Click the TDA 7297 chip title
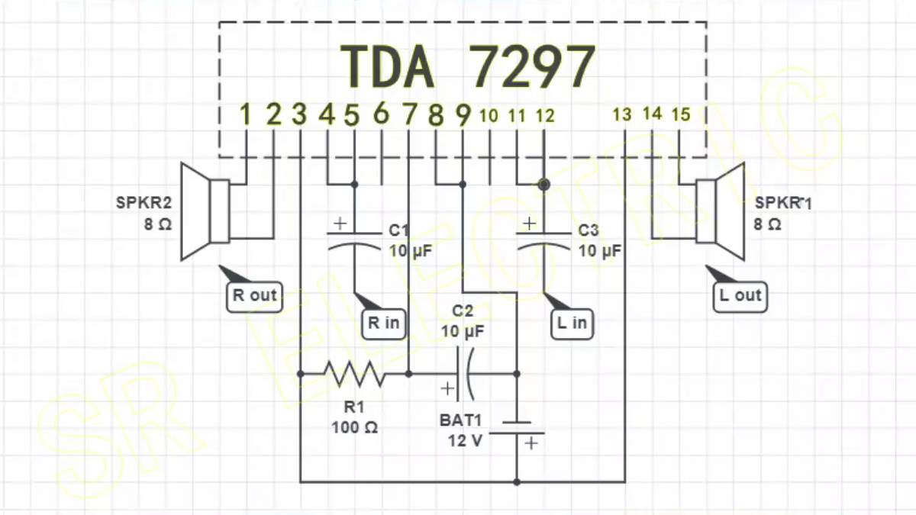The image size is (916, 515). click(466, 67)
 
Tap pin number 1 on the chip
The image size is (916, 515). click(245, 115)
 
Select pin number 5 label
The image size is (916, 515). click(352, 115)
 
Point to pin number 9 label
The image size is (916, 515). click(463, 115)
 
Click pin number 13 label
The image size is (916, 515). click(622, 115)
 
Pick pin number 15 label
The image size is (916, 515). click(680, 115)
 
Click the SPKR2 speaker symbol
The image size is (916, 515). click(205, 211)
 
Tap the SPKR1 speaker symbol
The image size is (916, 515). click(719, 211)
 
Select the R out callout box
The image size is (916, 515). click(254, 296)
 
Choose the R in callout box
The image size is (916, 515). click(384, 323)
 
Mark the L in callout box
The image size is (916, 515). click(572, 323)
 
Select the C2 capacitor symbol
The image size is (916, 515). click(465, 374)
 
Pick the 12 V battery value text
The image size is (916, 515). click(466, 440)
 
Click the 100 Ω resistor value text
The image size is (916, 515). click(354, 427)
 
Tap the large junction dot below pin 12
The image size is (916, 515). click(543, 184)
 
